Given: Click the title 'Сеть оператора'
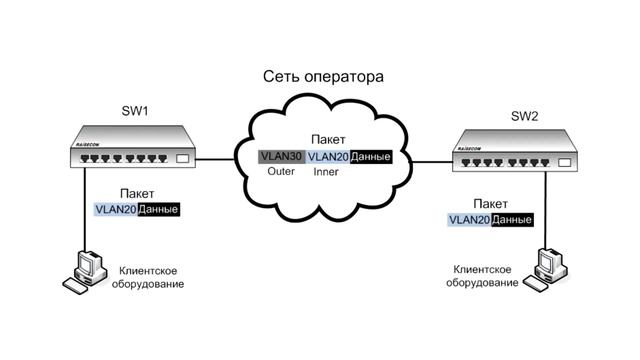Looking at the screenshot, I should pyautogui.click(x=323, y=77).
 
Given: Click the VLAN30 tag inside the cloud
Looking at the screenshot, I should pyautogui.click(x=280, y=156).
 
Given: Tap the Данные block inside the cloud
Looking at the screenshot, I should pyautogui.click(x=374, y=157).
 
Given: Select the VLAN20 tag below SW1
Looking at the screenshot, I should pyautogui.click(x=116, y=210).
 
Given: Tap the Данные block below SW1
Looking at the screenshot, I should pyautogui.click(x=160, y=210).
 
